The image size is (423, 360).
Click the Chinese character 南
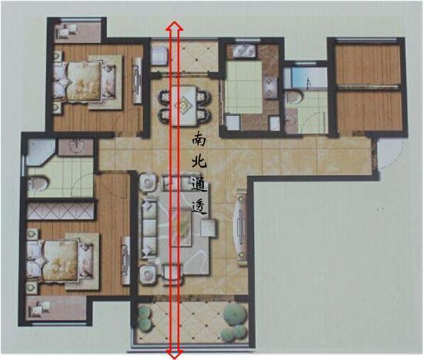pos(199,138)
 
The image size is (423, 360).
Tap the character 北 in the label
pos(199,161)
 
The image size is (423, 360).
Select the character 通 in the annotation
pos(199,184)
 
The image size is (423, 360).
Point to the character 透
pos(199,207)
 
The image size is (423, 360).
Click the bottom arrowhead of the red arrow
pos(175,354)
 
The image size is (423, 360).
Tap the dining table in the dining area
pos(184,105)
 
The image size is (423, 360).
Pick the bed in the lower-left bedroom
pos(60,262)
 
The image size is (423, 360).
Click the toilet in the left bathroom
pos(38,184)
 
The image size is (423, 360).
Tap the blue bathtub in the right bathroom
pos(306,78)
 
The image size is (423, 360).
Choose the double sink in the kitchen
pos(244,52)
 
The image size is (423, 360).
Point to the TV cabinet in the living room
pos(241,227)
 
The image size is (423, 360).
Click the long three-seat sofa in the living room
pos(149,228)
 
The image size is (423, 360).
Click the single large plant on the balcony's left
pos(234,314)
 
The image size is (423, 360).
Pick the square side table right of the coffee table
pos(208,228)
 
